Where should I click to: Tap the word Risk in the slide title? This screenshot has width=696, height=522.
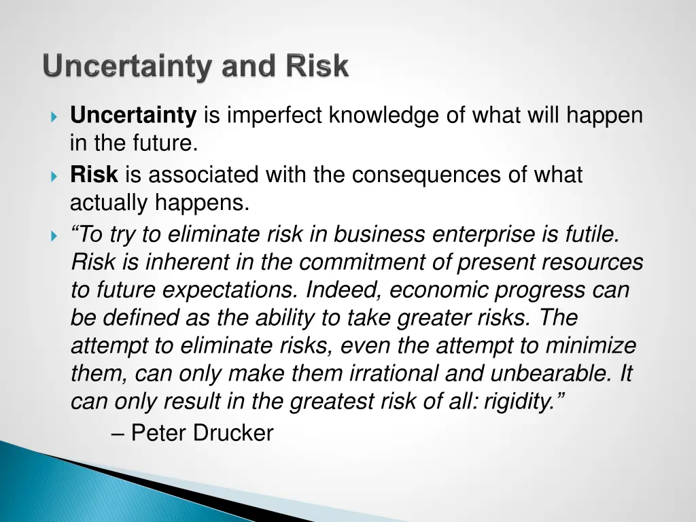(317, 67)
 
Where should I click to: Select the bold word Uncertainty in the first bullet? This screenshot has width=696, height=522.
(133, 116)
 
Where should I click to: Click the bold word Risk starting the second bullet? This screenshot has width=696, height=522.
(94, 175)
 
